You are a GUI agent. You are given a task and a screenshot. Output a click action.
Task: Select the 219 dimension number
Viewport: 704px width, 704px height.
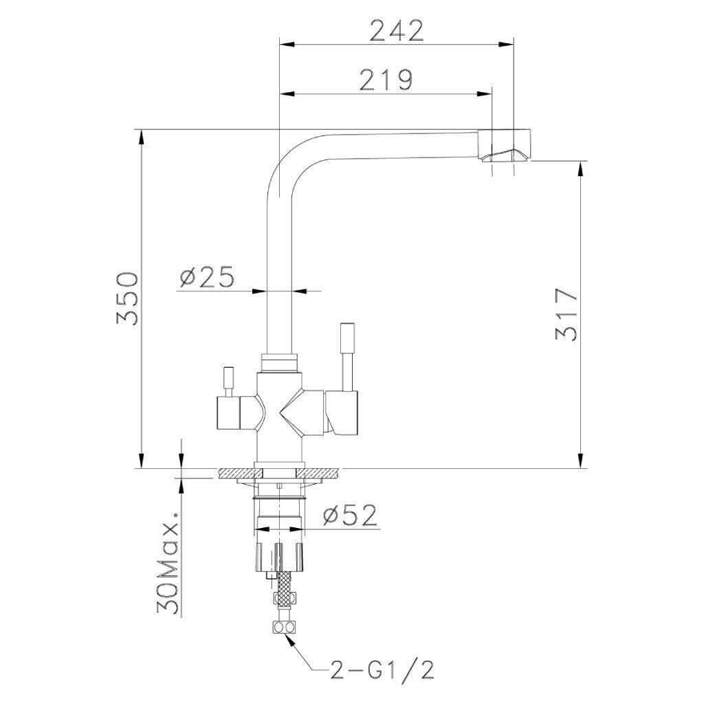click(386, 80)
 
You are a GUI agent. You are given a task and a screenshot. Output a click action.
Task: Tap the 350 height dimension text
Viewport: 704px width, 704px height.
click(127, 298)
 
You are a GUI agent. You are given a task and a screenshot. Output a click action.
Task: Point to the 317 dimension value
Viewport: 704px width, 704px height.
click(566, 314)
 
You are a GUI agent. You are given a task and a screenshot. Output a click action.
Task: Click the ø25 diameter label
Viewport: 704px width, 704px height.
click(207, 276)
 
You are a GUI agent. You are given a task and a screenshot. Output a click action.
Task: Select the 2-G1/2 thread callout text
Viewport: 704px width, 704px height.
click(382, 671)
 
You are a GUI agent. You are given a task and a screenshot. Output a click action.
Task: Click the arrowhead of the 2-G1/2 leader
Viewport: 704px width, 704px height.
click(291, 639)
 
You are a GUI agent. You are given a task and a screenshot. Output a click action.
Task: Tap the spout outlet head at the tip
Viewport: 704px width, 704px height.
click(504, 145)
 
